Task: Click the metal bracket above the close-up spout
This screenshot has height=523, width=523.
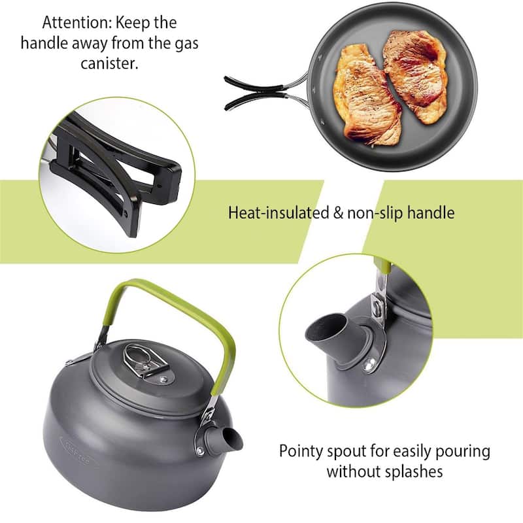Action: click(379, 307)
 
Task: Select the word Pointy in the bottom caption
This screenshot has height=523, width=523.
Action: click(299, 451)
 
